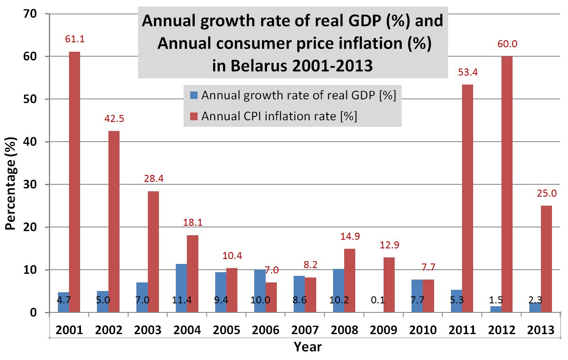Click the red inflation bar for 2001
74,181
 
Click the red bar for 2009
389,285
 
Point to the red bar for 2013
546,259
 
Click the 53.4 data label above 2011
468,73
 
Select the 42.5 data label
114,119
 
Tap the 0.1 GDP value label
377,300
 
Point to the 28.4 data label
154,179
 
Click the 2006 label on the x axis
266,330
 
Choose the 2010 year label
423,330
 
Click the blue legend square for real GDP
194,96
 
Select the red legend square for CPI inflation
194,117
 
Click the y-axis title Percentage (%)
11,183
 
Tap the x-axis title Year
308,347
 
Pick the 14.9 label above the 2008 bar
350,236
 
